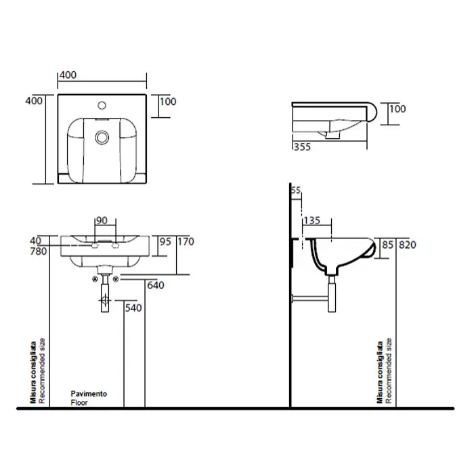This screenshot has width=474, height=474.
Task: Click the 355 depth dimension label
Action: [302, 147]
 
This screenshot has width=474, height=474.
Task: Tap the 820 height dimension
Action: [407, 244]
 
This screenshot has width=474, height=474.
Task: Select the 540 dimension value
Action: [133, 307]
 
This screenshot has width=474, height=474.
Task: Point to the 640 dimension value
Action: [156, 285]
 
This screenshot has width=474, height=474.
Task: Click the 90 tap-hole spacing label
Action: [102, 220]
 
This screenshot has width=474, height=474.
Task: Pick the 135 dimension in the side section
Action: [312, 220]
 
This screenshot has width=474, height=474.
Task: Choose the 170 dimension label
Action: [186, 242]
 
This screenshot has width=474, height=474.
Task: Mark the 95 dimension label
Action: [165, 242]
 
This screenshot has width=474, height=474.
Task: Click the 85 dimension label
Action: [388, 244]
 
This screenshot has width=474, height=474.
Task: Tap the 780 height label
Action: [39, 251]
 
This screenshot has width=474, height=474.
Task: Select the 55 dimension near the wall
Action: [296, 190]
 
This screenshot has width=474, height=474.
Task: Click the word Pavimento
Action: [89, 393]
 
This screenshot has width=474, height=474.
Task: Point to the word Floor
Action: [79, 403]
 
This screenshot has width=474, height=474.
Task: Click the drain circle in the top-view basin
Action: [102, 137]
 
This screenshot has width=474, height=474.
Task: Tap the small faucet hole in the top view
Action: [102, 105]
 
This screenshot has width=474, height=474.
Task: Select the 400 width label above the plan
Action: [68, 75]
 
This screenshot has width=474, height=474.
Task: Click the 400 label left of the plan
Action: [34, 101]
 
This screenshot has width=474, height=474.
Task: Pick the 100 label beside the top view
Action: [168, 102]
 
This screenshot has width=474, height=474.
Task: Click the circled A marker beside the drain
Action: [95, 279]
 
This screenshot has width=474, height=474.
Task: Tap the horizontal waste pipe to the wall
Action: [310, 299]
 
